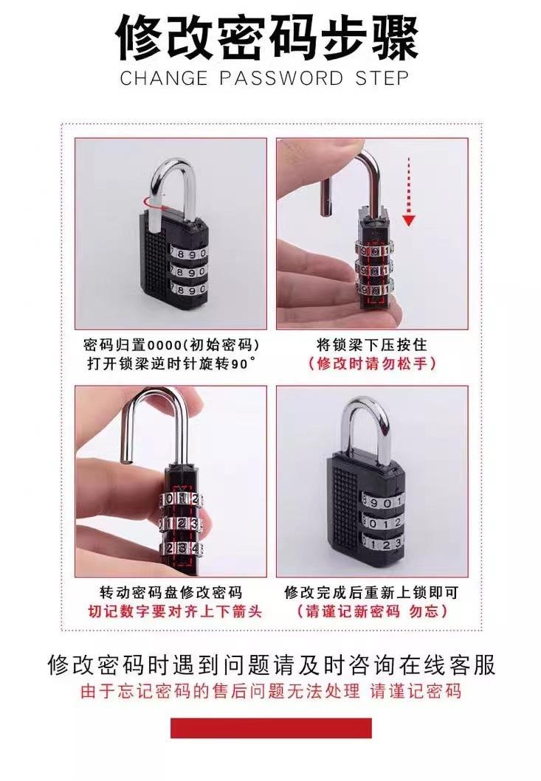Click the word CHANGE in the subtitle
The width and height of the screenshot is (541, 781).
point(164,78)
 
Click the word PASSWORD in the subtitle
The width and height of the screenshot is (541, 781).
point(281,78)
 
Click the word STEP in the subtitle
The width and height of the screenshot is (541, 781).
point(382,78)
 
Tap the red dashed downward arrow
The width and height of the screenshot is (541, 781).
point(408,191)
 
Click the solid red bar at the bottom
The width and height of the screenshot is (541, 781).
point(272,728)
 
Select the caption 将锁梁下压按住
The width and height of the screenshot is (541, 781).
point(372,344)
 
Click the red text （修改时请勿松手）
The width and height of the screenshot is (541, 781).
point(372,363)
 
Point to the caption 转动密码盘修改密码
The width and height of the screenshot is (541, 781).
point(171,593)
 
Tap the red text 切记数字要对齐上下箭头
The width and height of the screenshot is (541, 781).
point(174,611)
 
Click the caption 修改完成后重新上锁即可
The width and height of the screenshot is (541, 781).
point(371,593)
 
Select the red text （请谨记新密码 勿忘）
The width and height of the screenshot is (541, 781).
point(372,611)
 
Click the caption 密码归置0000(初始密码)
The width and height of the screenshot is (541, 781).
point(171,344)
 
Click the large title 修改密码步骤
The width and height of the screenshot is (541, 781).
point(268,38)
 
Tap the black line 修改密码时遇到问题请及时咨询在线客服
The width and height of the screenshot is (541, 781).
point(272,664)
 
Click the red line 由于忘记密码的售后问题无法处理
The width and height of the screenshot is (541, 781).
point(220,691)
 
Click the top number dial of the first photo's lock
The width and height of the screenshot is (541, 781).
point(188,252)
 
